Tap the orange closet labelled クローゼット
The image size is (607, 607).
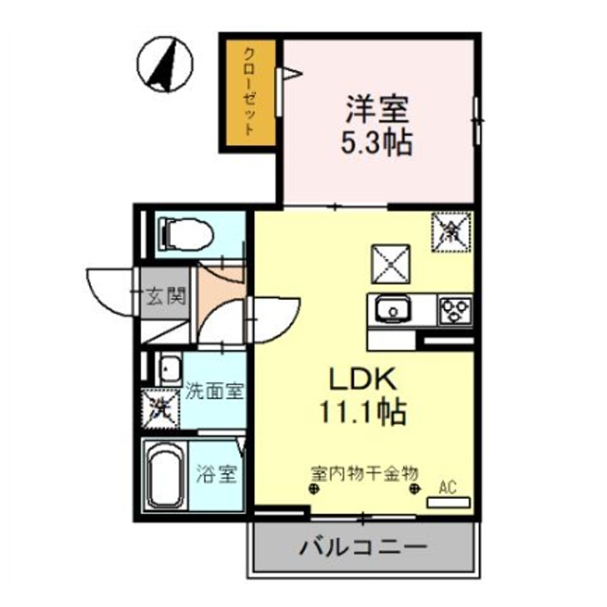click(x=248, y=92)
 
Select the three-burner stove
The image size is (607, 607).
click(x=453, y=309)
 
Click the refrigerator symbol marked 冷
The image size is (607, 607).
click(x=451, y=230)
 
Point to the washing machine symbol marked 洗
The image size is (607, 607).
click(x=161, y=409)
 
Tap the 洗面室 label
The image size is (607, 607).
click(x=215, y=390)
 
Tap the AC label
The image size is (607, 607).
click(x=448, y=487)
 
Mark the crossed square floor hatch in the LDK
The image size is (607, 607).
click(x=390, y=263)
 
